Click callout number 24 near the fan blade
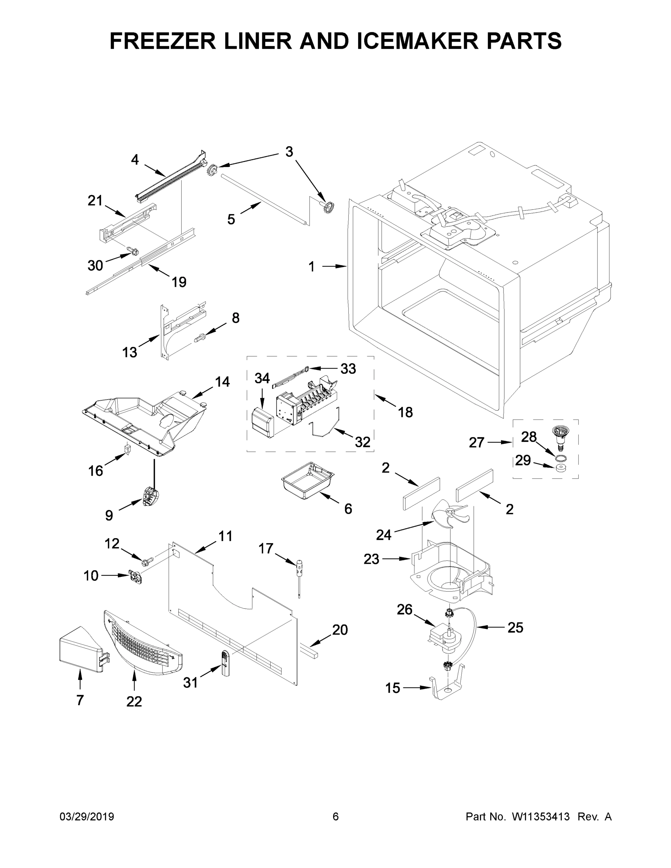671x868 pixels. tap(383, 535)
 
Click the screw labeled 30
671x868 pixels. tap(133, 250)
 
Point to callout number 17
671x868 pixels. tap(266, 548)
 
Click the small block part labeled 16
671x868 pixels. tap(128, 449)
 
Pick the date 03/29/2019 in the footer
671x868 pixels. tap(87, 817)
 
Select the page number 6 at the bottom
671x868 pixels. tap(336, 817)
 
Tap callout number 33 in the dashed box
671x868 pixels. tap(348, 369)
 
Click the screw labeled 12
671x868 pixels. tap(147, 562)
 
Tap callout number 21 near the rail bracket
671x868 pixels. tap(95, 201)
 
